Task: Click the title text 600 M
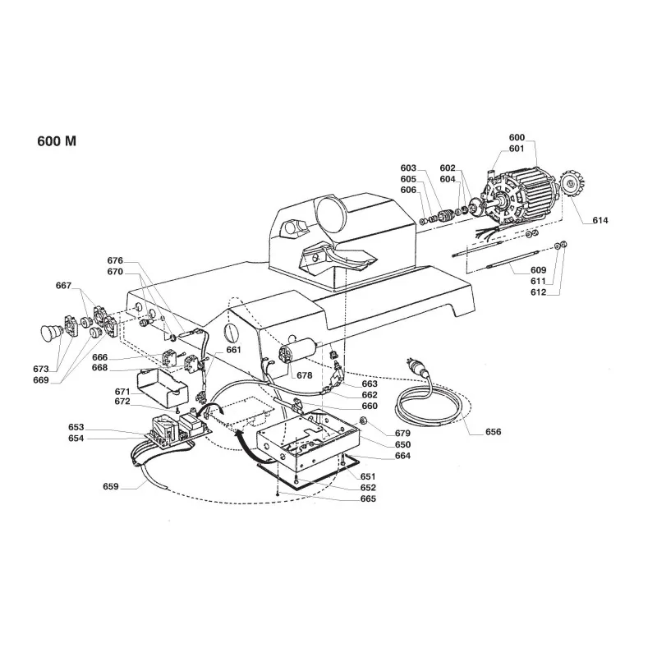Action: pyautogui.click(x=57, y=140)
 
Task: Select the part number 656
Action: pyautogui.click(x=494, y=431)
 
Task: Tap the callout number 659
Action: pyautogui.click(x=110, y=487)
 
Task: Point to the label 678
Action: pyautogui.click(x=305, y=375)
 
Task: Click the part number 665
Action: pyautogui.click(x=369, y=498)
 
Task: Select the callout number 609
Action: pyautogui.click(x=539, y=269)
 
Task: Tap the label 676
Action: pyautogui.click(x=115, y=261)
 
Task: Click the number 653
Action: pyautogui.click(x=76, y=428)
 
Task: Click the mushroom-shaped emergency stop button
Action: pyautogui.click(x=52, y=333)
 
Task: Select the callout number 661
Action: pyautogui.click(x=234, y=350)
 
